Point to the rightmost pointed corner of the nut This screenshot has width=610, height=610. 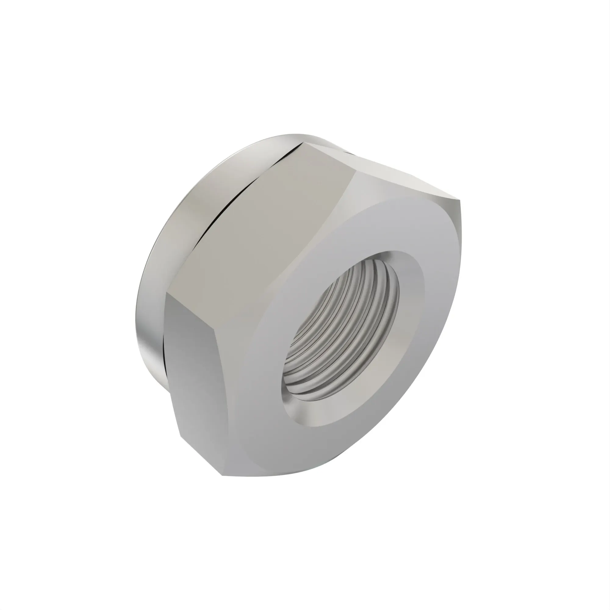pyautogui.click(x=460, y=199)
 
